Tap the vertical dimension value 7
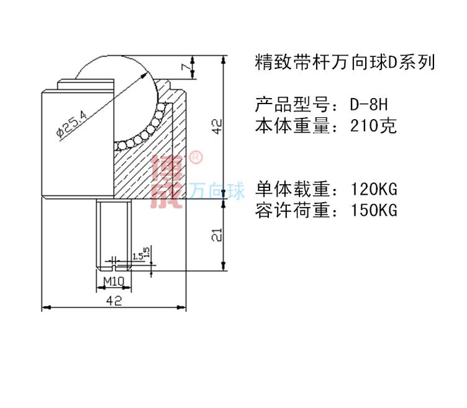click(184, 68)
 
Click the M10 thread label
click(114, 280)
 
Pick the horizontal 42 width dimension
click(114, 300)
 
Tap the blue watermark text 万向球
click(217, 192)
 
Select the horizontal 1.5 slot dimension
click(137, 255)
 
